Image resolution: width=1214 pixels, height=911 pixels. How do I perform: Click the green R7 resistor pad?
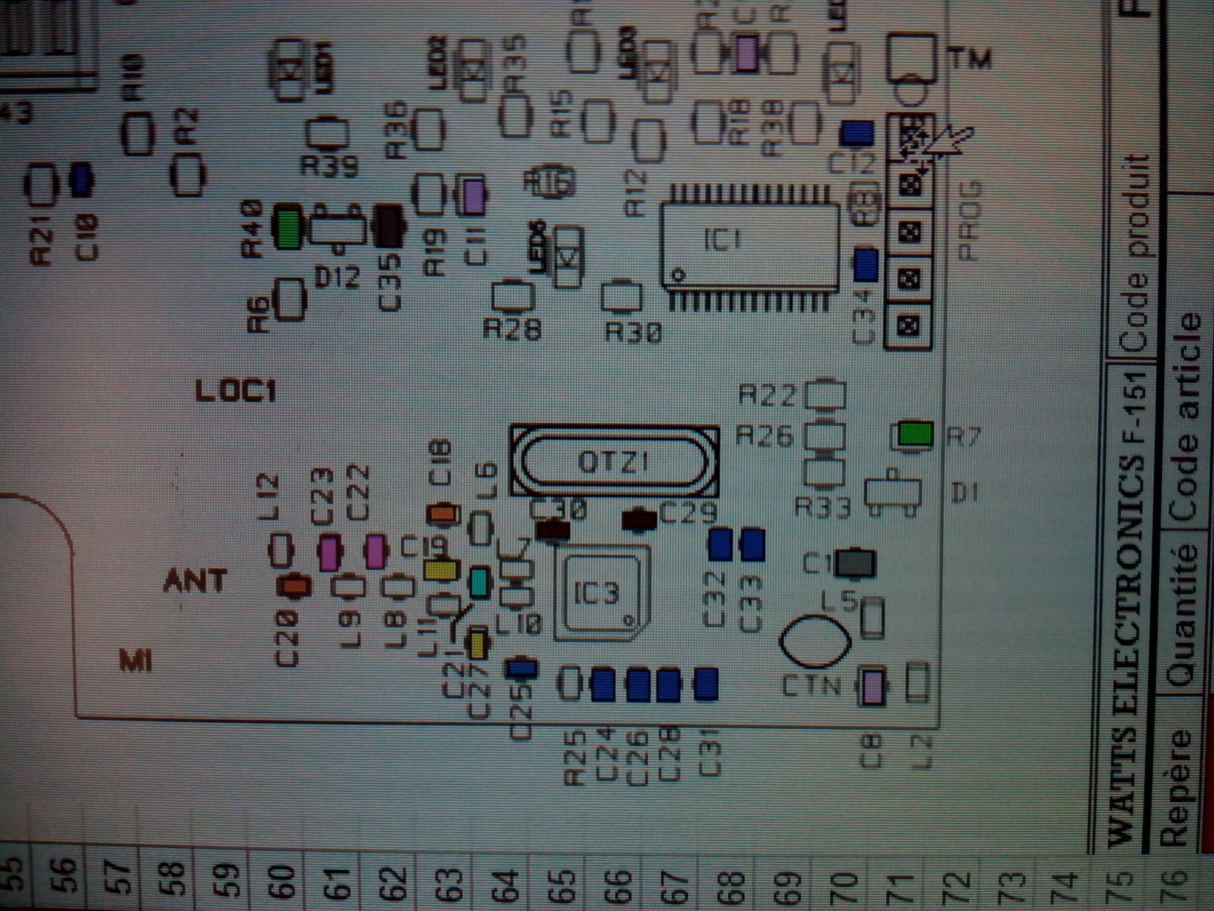pos(915,434)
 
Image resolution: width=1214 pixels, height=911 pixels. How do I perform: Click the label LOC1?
pos(236,391)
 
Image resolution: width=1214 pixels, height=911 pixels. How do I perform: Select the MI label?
pos(135,661)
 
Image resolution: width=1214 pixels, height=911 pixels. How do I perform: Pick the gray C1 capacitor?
pos(855,564)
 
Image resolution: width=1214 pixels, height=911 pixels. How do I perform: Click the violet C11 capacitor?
pos(474,196)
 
